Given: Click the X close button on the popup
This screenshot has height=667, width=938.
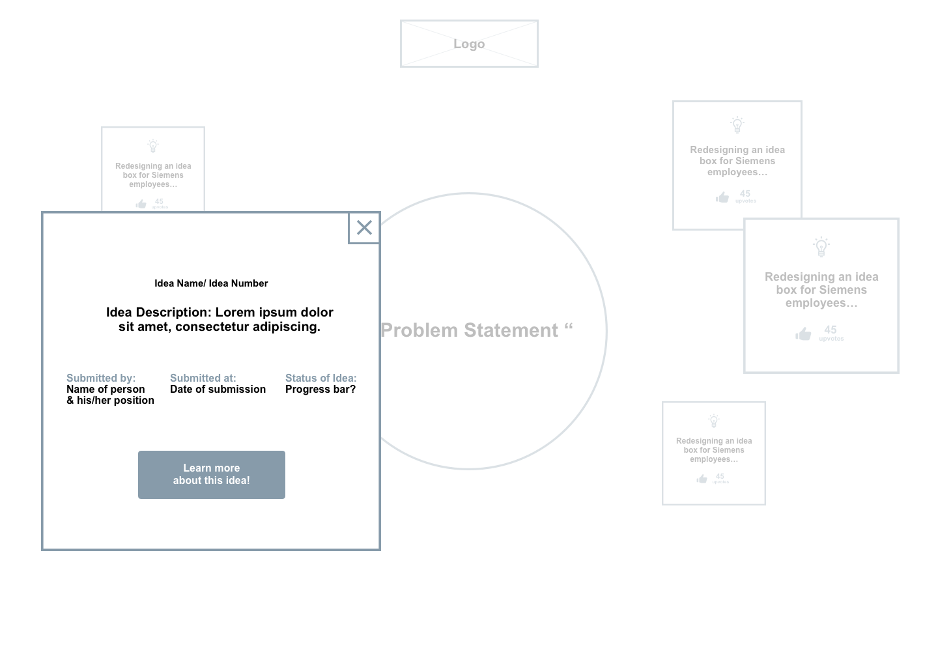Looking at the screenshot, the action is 364,227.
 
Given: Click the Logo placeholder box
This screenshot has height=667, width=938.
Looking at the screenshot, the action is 469,44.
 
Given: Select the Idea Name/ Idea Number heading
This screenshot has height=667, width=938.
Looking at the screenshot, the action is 211,283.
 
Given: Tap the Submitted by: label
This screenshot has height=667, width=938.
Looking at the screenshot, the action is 101,378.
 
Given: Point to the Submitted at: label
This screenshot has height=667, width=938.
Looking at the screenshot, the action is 203,378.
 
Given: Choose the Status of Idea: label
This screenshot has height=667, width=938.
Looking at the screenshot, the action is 321,378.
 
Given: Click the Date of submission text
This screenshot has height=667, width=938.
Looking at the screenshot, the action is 218,389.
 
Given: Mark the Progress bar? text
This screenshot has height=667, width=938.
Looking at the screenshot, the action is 320,389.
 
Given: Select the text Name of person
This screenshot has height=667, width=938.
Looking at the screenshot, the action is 106,389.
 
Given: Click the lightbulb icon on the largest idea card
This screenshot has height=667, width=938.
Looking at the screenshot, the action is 821,247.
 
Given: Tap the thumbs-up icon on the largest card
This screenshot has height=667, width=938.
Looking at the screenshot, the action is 803,334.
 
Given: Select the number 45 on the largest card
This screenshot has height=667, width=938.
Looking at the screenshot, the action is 831,330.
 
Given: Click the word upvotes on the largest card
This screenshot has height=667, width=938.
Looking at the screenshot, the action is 831,339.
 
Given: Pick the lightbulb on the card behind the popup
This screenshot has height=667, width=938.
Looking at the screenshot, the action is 153,146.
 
